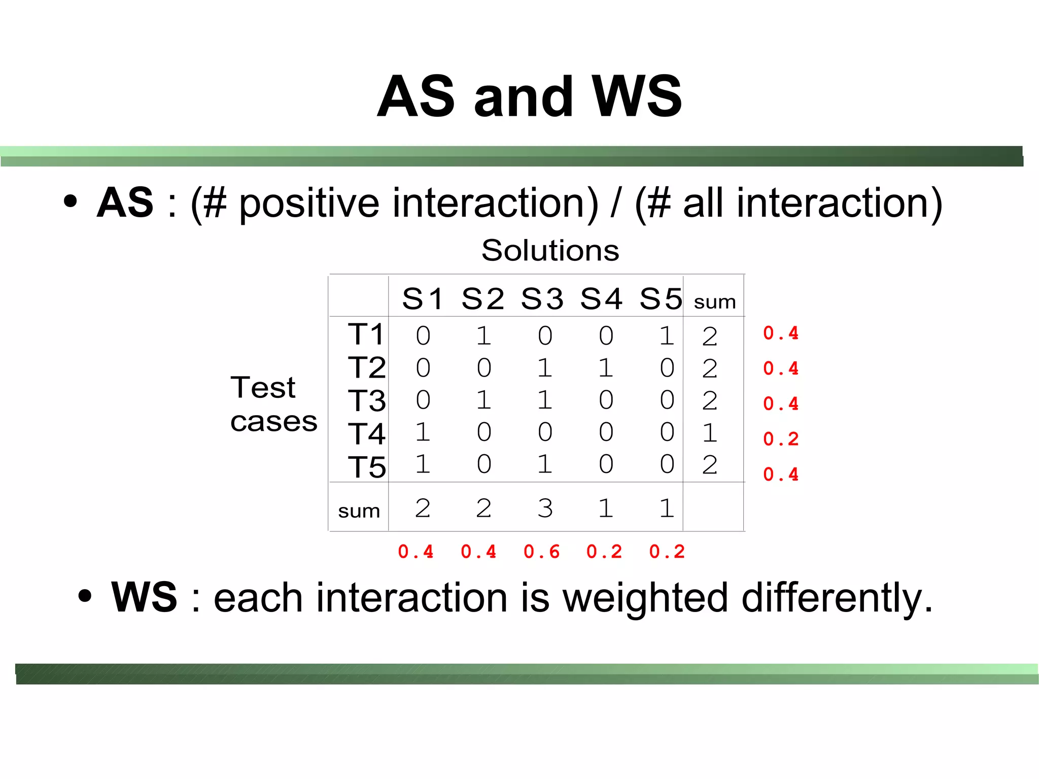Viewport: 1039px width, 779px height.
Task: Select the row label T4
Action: (366, 434)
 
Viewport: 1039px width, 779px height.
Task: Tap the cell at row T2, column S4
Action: (605, 367)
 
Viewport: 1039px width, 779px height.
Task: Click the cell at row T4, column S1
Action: (423, 432)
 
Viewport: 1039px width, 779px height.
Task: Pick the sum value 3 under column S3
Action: (545, 508)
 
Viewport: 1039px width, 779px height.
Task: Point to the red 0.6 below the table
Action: (541, 552)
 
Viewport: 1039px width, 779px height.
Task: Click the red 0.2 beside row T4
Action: (781, 439)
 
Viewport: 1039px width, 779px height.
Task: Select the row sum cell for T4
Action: (709, 433)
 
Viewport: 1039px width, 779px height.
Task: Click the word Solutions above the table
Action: (550, 250)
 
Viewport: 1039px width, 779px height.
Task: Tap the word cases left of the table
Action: (273, 422)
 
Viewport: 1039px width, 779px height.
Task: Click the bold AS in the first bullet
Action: (125, 202)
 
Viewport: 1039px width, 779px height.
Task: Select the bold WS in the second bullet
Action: (144, 597)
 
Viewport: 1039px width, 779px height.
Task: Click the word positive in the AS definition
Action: (309, 204)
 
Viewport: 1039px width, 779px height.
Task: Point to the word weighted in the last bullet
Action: (646, 598)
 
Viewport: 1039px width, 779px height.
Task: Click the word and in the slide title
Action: (523, 96)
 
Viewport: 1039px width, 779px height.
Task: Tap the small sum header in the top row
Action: (714, 302)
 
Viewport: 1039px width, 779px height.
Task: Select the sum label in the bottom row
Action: (359, 511)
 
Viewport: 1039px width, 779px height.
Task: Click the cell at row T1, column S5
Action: (667, 335)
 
